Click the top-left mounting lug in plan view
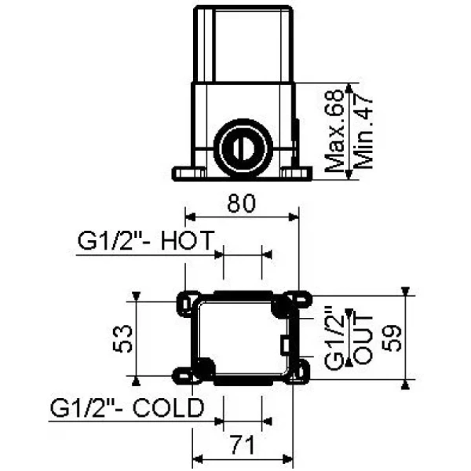click(x=188, y=301)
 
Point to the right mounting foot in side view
click(x=296, y=173)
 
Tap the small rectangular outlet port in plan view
click(x=284, y=343)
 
